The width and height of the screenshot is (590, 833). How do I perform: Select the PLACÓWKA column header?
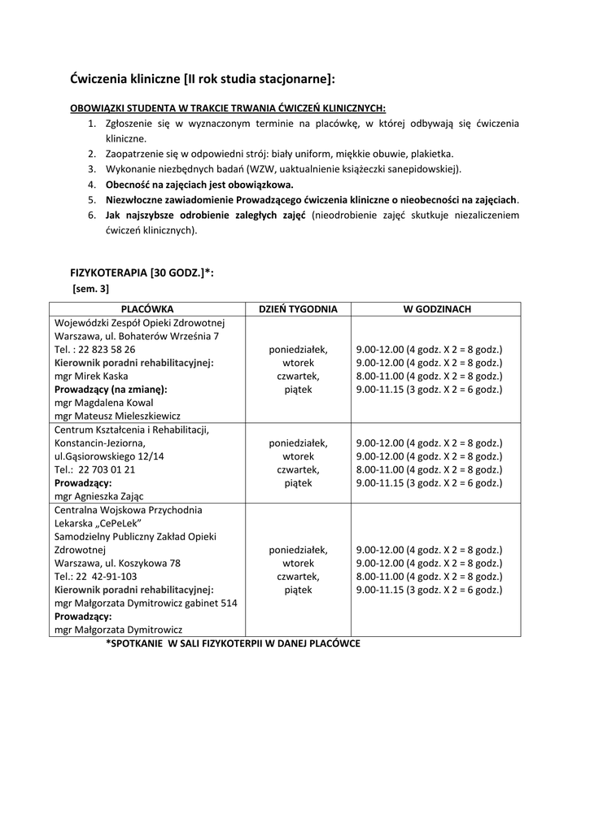(147, 309)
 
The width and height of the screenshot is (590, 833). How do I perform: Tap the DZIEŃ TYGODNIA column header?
(298, 309)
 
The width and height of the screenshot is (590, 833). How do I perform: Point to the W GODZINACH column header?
(435, 309)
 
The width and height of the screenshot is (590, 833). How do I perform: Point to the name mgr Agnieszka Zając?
(101, 495)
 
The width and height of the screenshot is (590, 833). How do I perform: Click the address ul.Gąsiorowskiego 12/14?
(109, 456)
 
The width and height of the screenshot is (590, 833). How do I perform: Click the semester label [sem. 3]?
(91, 288)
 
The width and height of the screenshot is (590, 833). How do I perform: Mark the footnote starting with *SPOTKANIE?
(233, 643)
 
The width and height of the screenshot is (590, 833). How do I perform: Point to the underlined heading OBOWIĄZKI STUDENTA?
(228, 107)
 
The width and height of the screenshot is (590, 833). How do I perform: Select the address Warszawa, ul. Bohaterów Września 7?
(137, 336)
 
